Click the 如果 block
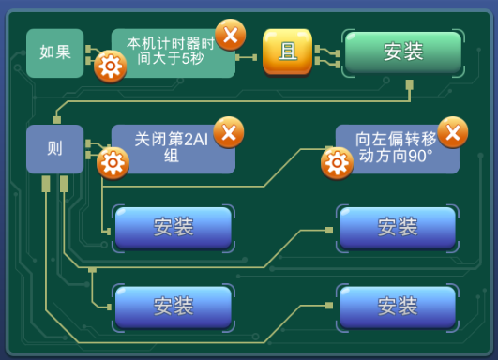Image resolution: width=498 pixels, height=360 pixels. [55, 53]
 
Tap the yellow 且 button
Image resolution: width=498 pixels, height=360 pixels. [287, 52]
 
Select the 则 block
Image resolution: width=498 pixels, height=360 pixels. [55, 149]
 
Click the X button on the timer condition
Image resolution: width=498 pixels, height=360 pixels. [231, 35]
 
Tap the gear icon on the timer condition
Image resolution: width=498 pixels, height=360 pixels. [111, 67]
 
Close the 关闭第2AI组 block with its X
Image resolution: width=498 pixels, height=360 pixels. [229, 132]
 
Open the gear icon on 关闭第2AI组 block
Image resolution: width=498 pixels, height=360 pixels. [113, 163]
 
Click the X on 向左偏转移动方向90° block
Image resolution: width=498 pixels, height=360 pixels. [453, 132]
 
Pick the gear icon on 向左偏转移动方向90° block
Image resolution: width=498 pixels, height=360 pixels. [337, 163]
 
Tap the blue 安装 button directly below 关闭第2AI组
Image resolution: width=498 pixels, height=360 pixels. [174, 228]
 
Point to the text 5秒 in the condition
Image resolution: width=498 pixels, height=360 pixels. [192, 59]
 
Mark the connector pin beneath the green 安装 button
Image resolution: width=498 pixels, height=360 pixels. [410, 84]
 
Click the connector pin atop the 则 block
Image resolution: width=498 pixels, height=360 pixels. [57, 120]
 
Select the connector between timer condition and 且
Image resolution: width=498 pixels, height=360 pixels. [246, 57]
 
